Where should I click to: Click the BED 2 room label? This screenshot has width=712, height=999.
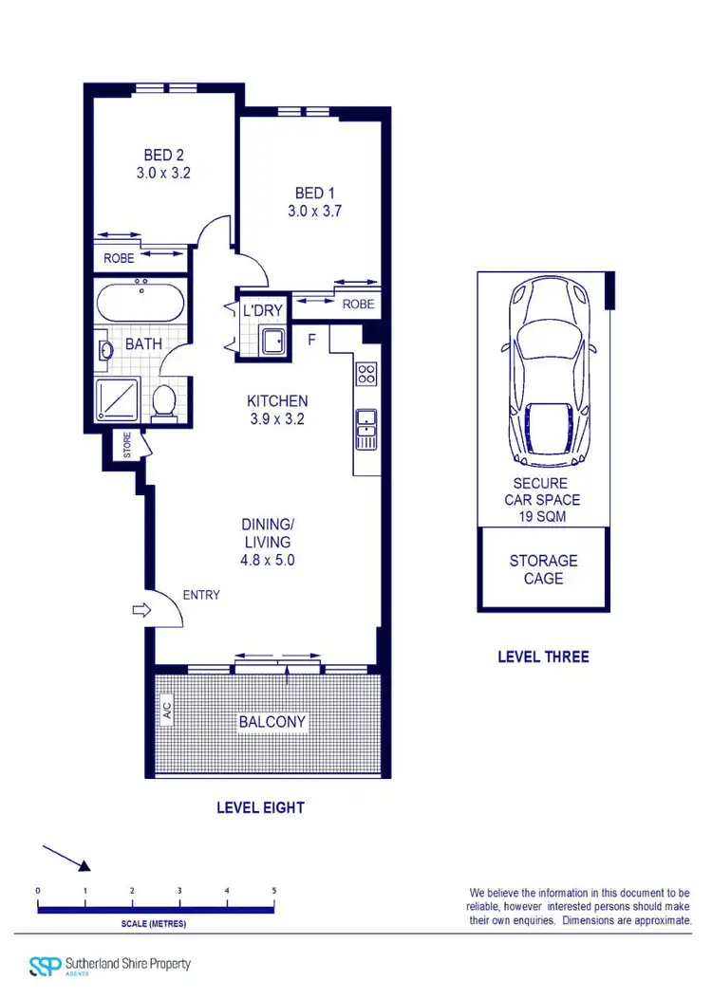pyautogui.click(x=159, y=155)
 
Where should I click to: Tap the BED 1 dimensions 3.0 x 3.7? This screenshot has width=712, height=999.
pyautogui.click(x=314, y=213)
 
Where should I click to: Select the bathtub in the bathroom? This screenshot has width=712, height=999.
pyautogui.click(x=141, y=302)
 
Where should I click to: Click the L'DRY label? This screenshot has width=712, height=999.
pyautogui.click(x=263, y=310)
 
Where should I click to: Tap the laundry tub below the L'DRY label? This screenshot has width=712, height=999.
pyautogui.click(x=272, y=340)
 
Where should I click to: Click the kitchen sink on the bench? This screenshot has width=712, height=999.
pyautogui.click(x=366, y=429)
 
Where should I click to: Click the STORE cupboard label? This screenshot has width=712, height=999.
pyautogui.click(x=125, y=447)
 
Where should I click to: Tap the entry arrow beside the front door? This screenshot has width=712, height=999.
pyautogui.click(x=141, y=611)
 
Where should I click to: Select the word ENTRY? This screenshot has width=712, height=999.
pyautogui.click(x=199, y=595)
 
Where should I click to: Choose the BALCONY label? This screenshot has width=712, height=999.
pyautogui.click(x=272, y=722)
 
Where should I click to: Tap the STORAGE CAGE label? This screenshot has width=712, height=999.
pyautogui.click(x=543, y=569)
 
